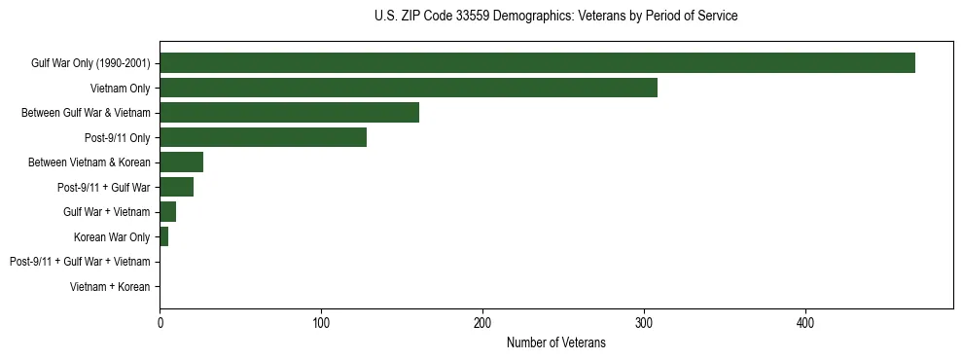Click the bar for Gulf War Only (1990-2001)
537,62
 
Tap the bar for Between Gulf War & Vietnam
289,112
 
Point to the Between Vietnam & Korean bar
181,162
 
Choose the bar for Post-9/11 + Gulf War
176,187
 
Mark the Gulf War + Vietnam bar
167,211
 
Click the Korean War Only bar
163,236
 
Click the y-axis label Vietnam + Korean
110,287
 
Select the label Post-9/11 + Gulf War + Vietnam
80,262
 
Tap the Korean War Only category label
112,236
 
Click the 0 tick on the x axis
160,322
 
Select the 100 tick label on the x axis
321,322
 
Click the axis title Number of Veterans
555,342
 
